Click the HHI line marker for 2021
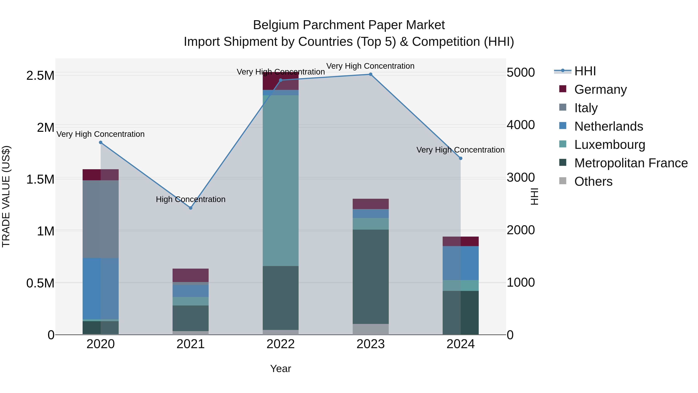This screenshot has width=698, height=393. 190,208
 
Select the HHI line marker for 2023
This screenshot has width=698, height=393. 371,74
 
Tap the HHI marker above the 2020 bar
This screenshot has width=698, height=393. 100,142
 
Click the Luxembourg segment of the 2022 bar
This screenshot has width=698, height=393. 281,180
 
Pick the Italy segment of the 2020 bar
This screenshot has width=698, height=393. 100,219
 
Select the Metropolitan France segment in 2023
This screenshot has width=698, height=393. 371,277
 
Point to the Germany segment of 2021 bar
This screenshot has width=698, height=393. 190,275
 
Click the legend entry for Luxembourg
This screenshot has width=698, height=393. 610,145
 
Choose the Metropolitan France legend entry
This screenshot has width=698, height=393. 631,163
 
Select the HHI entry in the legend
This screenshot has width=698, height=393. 585,71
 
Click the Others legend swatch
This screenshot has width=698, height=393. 563,181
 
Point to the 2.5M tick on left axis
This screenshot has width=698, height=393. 40,76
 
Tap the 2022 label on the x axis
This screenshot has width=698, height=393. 281,344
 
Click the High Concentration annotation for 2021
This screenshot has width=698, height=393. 190,199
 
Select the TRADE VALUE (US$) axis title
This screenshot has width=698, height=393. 6,196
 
